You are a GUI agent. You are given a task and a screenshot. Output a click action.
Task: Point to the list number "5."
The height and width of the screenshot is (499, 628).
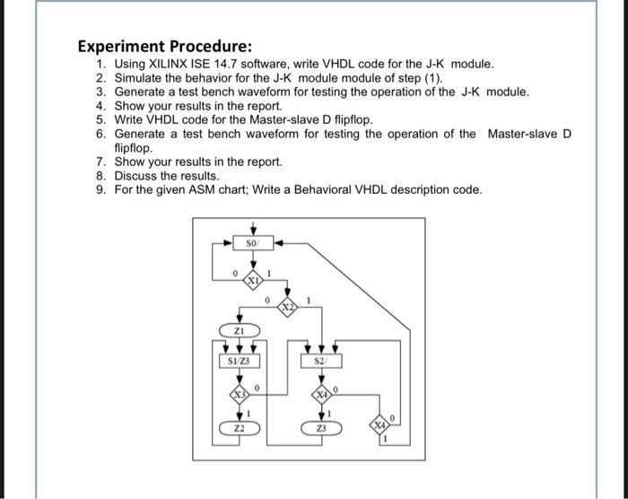101,119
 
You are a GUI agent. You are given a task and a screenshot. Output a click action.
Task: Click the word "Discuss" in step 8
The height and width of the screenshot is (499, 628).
137,176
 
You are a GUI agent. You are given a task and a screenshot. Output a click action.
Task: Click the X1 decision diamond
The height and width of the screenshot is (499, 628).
253,280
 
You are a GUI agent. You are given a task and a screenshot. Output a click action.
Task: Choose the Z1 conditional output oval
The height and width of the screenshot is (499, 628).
240,331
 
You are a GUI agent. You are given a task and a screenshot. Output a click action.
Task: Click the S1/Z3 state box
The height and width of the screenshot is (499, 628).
240,362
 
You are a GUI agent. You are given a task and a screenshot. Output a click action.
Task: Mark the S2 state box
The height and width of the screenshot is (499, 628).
322,362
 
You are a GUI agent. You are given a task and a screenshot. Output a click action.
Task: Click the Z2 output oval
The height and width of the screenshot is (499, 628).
240,428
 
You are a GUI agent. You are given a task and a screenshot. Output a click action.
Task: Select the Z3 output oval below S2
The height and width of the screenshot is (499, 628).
322,428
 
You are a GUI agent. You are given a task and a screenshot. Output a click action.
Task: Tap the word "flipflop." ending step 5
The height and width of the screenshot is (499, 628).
345,119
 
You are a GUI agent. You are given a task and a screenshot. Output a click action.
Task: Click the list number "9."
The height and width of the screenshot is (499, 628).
101,189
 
